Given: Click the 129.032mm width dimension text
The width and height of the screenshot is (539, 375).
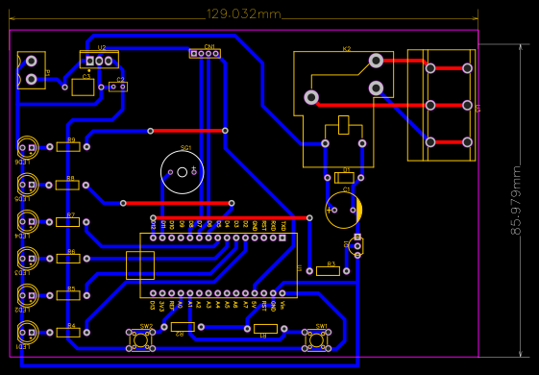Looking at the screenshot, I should tap(244, 13).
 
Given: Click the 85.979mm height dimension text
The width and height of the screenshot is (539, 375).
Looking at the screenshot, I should tap(516, 200).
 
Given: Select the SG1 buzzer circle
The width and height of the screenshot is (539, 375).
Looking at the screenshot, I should tap(183, 173).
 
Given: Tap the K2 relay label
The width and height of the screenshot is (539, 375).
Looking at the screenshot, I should tap(347, 48).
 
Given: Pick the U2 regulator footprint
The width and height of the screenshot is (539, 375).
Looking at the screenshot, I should tap(99, 61).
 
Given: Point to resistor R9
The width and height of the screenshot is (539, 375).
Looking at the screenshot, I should tap(66, 147).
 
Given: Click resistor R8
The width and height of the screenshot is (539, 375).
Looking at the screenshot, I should tap(66, 185).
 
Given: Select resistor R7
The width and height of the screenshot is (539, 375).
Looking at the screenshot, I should tap(66, 221).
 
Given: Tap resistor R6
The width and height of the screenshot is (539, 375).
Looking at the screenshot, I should tap(66, 258).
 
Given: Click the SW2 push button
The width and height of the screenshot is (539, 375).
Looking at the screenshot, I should tap(145, 338).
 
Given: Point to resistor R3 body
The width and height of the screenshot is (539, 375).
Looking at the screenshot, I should tap(328, 271).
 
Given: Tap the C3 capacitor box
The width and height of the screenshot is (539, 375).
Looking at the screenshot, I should tap(84, 87).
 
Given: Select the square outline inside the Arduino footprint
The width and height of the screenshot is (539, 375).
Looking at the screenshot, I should tap(140, 265).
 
